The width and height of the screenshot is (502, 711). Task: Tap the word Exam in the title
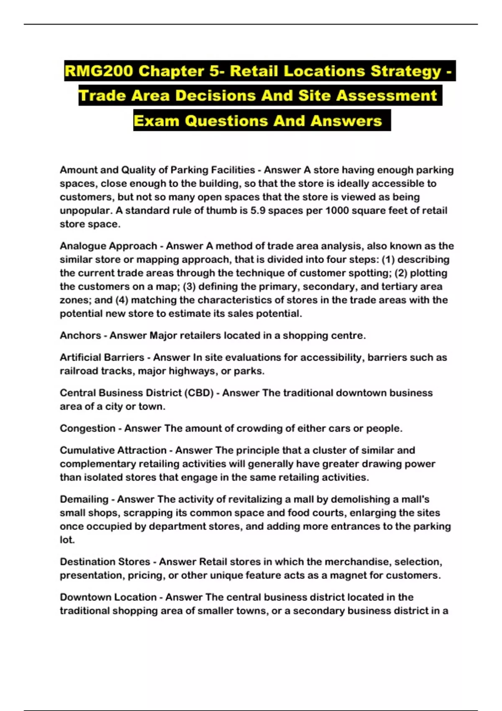(156, 121)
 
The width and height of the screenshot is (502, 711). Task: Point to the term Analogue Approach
(108, 246)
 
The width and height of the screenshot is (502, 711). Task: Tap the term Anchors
(80, 335)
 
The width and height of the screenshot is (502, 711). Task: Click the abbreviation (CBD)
(199, 393)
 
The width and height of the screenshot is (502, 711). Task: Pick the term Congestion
(87, 428)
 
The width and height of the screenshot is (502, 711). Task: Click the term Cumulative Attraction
(113, 450)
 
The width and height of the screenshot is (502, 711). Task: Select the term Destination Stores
(105, 562)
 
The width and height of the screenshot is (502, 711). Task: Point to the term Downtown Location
(108, 597)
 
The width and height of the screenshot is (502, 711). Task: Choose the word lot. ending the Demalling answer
(67, 540)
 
